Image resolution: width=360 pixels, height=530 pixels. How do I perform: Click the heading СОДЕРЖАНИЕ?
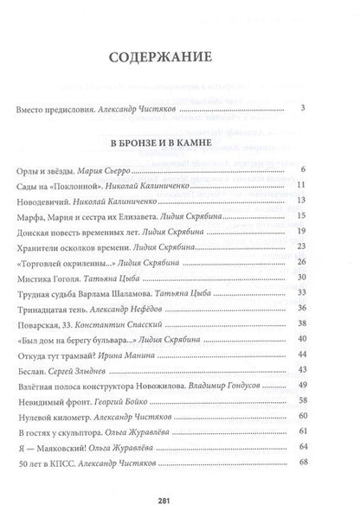coord(180,57)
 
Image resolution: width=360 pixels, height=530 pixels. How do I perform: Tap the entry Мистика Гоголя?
coord(48,279)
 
